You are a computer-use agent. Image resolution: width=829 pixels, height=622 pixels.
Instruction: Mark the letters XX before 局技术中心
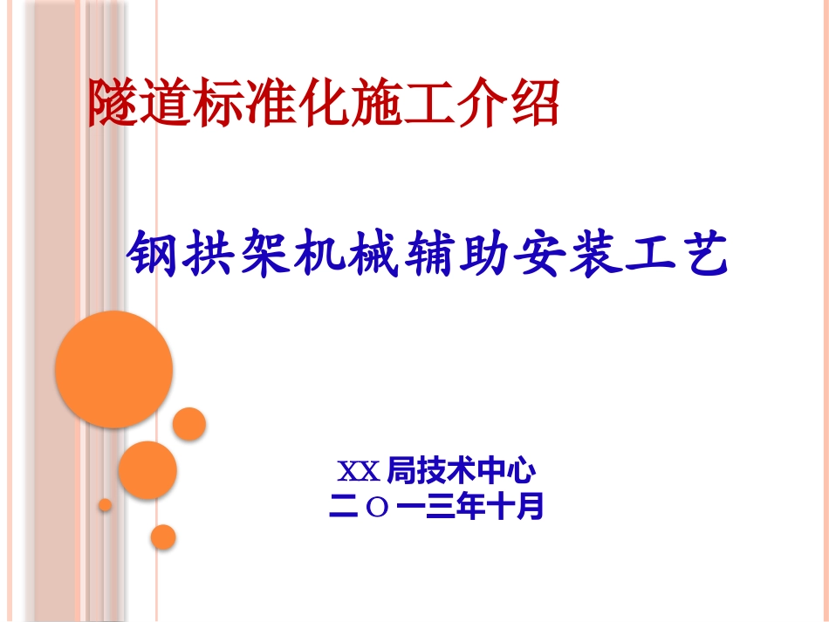point(358,473)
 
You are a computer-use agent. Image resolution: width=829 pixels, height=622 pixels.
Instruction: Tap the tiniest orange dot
point(105,504)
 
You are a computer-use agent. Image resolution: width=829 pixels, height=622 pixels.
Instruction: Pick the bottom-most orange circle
point(163,537)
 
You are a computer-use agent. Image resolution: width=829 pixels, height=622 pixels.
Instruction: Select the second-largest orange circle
point(147,471)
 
